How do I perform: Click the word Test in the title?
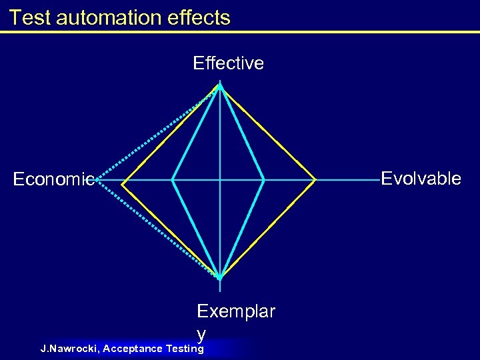31,17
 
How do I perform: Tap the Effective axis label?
228,63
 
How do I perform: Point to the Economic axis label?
53,179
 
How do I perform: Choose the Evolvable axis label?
421,179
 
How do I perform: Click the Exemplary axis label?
235,312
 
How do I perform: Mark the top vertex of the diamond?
221,85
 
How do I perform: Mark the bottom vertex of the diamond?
221,277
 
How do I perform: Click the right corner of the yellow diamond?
315,180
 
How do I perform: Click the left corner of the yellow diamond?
122,180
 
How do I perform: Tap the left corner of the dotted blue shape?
97,180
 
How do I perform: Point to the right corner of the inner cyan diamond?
264,180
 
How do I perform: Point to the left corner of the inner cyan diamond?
173,180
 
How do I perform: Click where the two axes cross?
221,180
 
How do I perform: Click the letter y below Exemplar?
201,332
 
